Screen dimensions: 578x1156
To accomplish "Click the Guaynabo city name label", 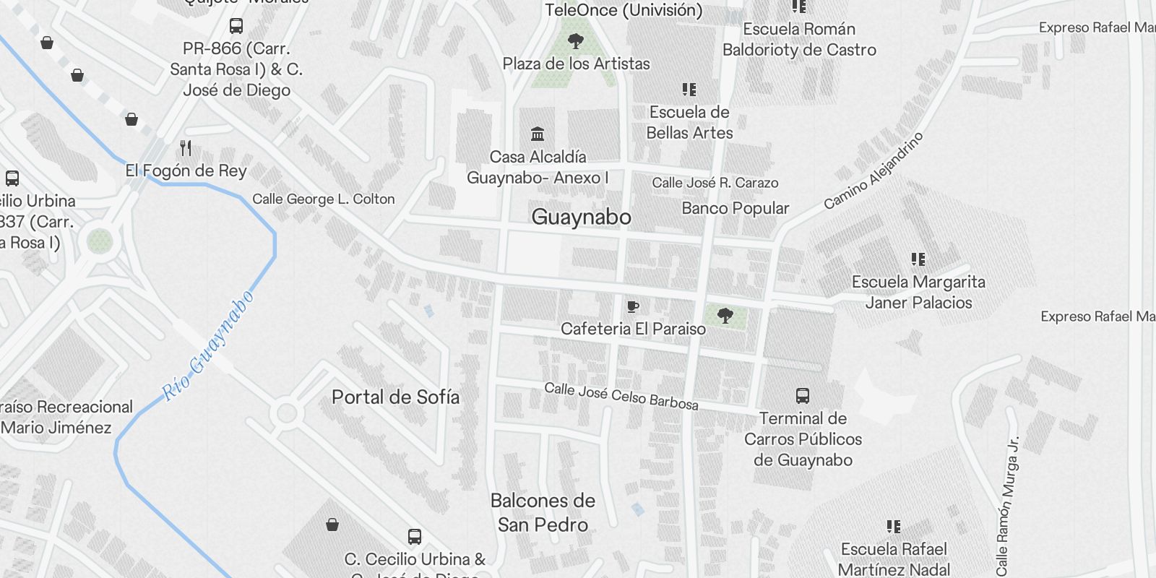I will pos(581,217).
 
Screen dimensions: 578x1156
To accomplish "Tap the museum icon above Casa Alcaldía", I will pos(538,134).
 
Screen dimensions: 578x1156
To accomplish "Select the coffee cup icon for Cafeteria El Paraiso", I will pos(633,307).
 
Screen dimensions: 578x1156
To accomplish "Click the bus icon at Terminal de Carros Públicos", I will pos(803,395).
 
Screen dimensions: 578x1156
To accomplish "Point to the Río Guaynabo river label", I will pos(208,346).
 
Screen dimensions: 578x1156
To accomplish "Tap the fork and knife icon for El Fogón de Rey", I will pos(186,148).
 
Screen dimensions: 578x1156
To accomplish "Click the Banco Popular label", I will pos(735,208).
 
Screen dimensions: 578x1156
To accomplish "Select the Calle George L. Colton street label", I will pos(324,199).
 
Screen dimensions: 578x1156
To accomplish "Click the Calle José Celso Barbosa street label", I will pos(621,396).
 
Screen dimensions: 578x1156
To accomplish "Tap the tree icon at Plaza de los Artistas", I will pos(576,40).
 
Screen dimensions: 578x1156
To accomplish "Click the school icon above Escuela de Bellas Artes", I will pos(689,90).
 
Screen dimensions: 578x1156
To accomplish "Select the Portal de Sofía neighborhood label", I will pos(395,397).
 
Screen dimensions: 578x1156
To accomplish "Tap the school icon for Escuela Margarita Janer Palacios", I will pos(918,259).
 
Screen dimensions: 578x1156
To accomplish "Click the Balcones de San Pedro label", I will pos(543,512).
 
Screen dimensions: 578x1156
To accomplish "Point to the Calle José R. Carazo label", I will pos(715,183).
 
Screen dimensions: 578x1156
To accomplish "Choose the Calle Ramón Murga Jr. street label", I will pos(1006,506).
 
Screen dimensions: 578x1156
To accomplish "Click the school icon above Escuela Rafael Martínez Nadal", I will pos(894,527).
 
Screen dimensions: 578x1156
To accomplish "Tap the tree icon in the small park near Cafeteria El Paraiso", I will pos(725,315).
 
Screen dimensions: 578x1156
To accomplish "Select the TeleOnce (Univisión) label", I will pos(624,10).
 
